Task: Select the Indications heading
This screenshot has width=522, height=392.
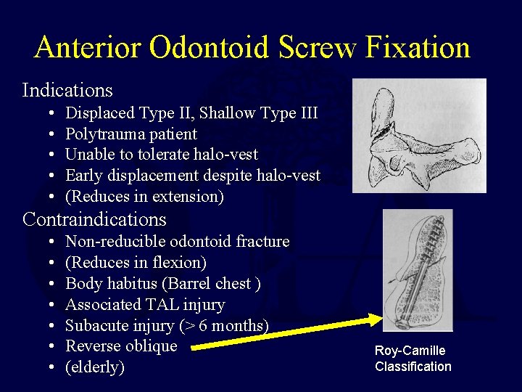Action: pyautogui.click(x=67, y=91)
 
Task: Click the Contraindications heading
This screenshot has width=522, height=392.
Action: pyautogui.click(x=94, y=219)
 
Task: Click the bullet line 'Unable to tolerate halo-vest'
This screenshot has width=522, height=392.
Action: pyautogui.click(x=162, y=155)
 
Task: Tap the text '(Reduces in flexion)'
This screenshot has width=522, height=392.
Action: pyautogui.click(x=136, y=262)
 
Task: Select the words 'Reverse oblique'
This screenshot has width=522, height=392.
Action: pyautogui.click(x=121, y=346)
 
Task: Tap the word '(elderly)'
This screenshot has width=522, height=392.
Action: pyautogui.click(x=95, y=367)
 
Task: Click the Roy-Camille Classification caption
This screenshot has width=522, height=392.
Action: pyautogui.click(x=413, y=359)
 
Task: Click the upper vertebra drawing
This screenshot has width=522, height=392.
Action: pyautogui.click(x=419, y=136)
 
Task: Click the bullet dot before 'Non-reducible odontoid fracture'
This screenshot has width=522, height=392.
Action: pyautogui.click(x=55, y=242)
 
